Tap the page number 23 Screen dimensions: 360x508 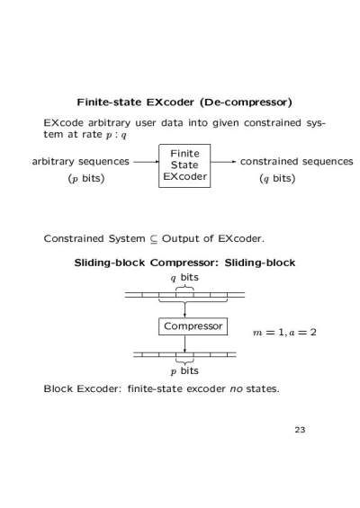click(300, 430)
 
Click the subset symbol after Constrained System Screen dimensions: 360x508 click(153, 239)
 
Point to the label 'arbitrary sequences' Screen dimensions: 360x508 click(80, 161)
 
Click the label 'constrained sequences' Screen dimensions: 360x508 click(296, 161)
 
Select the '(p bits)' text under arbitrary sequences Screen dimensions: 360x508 click(86, 178)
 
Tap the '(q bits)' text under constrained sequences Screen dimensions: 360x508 click(277, 178)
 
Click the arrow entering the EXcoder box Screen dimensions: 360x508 click(147, 161)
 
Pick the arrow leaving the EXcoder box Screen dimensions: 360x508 click(223, 161)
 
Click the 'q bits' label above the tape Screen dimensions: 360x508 click(184, 278)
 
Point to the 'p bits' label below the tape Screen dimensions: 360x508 click(184, 370)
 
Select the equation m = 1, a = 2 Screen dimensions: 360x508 click(284, 332)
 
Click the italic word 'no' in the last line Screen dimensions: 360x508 click(236, 388)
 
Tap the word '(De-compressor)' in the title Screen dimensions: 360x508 click(246, 102)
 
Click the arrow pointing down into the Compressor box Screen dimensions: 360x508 click(184, 309)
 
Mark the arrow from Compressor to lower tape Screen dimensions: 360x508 click(184, 343)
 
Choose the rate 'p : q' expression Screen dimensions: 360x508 click(116, 135)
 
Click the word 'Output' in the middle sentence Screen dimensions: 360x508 click(181, 239)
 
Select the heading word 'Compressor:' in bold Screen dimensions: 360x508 click(184, 263)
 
